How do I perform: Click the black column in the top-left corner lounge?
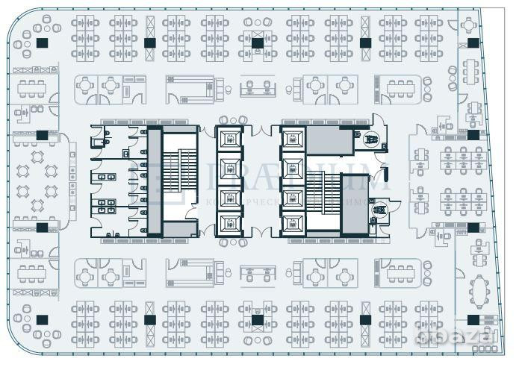[42, 43]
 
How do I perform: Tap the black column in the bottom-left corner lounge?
[42, 319]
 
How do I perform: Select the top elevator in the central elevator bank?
[229, 139]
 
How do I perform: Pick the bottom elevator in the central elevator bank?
[229, 222]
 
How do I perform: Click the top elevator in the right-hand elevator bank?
[293, 139]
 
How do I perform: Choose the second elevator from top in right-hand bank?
[293, 167]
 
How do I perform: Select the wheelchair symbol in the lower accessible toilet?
[379, 211]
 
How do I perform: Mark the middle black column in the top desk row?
[257, 43]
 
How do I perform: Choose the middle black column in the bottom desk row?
[257, 319]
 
